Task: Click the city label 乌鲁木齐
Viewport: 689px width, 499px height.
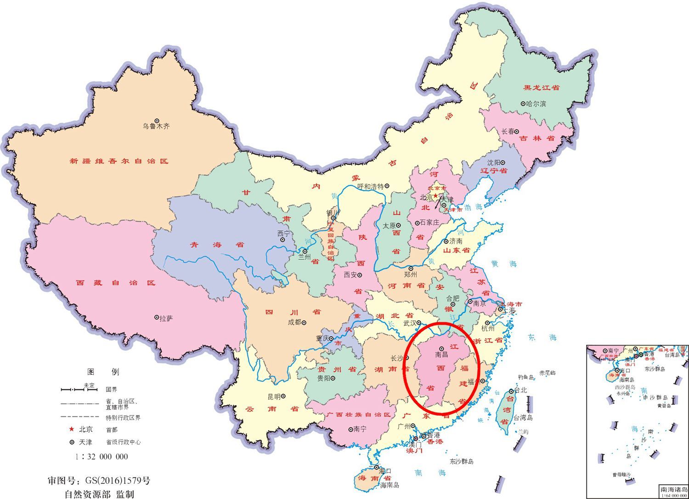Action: [156, 126]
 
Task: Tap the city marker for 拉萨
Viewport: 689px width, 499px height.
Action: [156, 318]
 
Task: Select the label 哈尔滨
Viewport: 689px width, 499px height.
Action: [537, 104]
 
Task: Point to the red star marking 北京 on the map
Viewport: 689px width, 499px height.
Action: [435, 196]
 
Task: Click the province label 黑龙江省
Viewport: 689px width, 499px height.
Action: [542, 87]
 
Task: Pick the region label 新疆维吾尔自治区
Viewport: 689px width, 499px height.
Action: [119, 161]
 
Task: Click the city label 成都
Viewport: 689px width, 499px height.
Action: [294, 322]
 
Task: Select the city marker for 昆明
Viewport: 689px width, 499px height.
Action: [284, 396]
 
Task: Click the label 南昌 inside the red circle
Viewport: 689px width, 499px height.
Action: [441, 355]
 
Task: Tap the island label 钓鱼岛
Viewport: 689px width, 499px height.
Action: [526, 377]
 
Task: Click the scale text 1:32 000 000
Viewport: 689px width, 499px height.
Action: [102, 456]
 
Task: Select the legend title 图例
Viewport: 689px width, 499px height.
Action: [103, 372]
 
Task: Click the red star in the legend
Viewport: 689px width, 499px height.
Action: [71, 429]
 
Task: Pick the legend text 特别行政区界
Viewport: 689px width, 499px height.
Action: [123, 418]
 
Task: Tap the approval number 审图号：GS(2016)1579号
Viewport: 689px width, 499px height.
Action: [99, 481]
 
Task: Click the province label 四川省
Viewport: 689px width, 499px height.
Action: [293, 312]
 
